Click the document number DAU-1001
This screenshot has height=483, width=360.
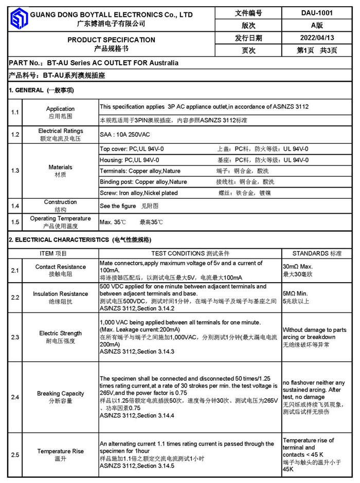pyautogui.click(x=316, y=13)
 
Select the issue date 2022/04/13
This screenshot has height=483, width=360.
pyautogui.click(x=316, y=38)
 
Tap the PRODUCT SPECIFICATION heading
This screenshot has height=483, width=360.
pyautogui.click(x=111, y=40)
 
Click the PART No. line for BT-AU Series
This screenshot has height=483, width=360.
pyautogui.click(x=94, y=63)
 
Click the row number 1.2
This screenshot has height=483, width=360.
pyautogui.click(x=15, y=135)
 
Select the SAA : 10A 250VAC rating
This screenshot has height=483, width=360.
pyautogui.click(x=124, y=135)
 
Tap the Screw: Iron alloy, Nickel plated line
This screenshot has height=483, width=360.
pyautogui.click(x=139, y=193)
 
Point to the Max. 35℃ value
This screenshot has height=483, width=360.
pyautogui.click(x=113, y=222)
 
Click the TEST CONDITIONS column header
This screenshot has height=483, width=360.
pyautogui.click(x=190, y=253)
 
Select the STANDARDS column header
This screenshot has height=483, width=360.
pyautogui.click(x=316, y=253)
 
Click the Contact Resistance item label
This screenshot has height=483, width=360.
pyautogui.click(x=60, y=267)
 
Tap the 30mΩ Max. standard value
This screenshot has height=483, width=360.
pyautogui.click(x=298, y=267)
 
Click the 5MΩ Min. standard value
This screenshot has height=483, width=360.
pyautogui.click(x=296, y=294)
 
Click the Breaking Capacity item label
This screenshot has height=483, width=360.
pyautogui.click(x=60, y=394)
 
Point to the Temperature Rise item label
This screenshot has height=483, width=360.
pyautogui.click(x=60, y=451)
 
